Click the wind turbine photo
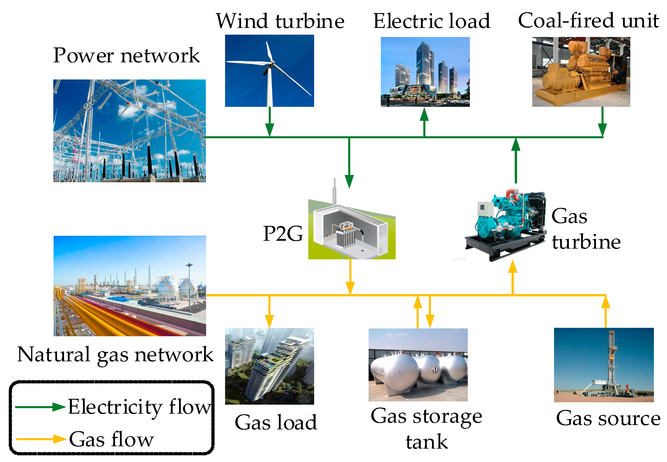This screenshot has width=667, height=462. click(x=269, y=71)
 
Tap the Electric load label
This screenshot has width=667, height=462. click(x=432, y=21)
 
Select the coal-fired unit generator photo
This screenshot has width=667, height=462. click(x=581, y=72)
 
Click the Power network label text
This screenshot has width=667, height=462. click(x=126, y=55)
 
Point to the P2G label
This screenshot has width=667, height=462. click(x=283, y=234)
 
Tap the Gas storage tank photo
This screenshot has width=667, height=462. click(x=418, y=365)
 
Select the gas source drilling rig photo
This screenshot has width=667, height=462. click(x=604, y=365)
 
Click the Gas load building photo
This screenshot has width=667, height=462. click(x=269, y=366)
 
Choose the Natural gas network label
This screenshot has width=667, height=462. click(x=115, y=355)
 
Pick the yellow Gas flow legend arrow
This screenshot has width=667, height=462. click(x=41, y=439)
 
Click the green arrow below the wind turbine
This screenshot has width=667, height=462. click(x=270, y=122)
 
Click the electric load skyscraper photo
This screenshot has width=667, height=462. click(x=425, y=72)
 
